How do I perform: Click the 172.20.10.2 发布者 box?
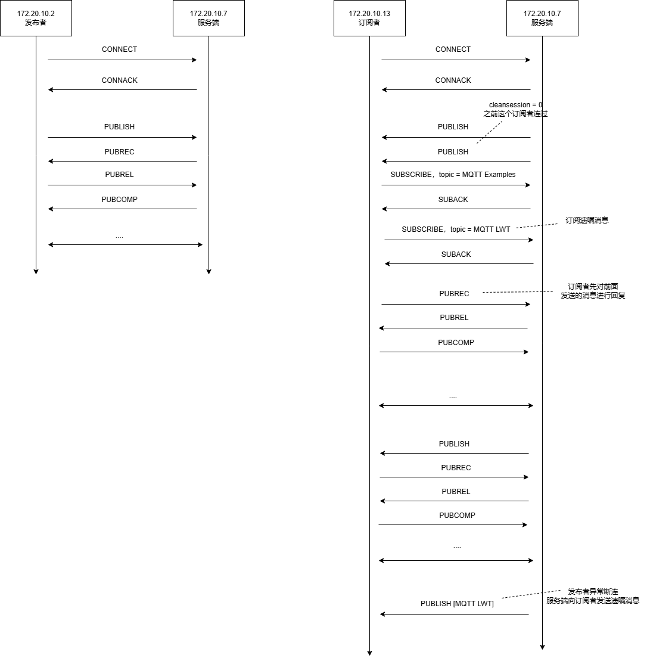pos(36,18)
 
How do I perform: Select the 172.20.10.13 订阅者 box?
pos(369,18)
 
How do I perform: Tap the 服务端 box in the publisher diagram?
pos(209,18)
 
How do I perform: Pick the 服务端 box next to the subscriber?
pos(543,18)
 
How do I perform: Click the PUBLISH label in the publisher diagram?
pos(119,127)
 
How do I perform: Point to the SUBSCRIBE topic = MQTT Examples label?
pos(453,175)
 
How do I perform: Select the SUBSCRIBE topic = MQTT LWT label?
pos(456,229)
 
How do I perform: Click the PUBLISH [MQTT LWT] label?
pos(457,604)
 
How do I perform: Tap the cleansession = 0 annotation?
pos(515,104)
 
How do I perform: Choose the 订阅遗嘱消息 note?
pos(587,220)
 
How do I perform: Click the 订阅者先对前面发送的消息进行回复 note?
pos(593,291)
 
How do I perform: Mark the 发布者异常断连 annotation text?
pos(593,591)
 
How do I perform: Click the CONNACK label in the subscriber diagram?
pos(453,80)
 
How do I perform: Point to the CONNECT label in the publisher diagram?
pos(119,49)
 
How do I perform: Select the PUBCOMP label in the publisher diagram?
pos(119,200)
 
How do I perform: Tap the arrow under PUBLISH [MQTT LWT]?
pos(455,614)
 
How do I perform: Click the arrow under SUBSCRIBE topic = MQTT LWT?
pos(459,240)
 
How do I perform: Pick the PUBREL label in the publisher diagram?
pos(119,175)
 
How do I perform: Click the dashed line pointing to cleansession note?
pos(490,132)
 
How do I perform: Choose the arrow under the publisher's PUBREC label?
pos(123,161)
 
